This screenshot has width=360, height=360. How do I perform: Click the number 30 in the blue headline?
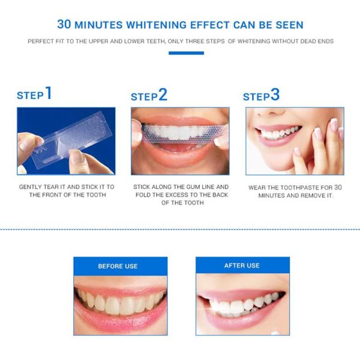click(64, 25)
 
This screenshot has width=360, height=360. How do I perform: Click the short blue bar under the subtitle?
click(186, 53)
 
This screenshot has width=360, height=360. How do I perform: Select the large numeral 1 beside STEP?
click(49, 93)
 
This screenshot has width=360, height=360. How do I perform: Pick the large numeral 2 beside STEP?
click(163, 94)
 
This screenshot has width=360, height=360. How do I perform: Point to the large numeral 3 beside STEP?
click(275, 94)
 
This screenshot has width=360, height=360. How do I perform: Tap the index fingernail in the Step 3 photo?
click(334, 124)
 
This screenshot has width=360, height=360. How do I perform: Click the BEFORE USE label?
click(118, 266)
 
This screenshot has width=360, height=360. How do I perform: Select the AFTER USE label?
click(242, 265)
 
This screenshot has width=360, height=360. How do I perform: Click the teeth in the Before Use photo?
click(119, 302)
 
